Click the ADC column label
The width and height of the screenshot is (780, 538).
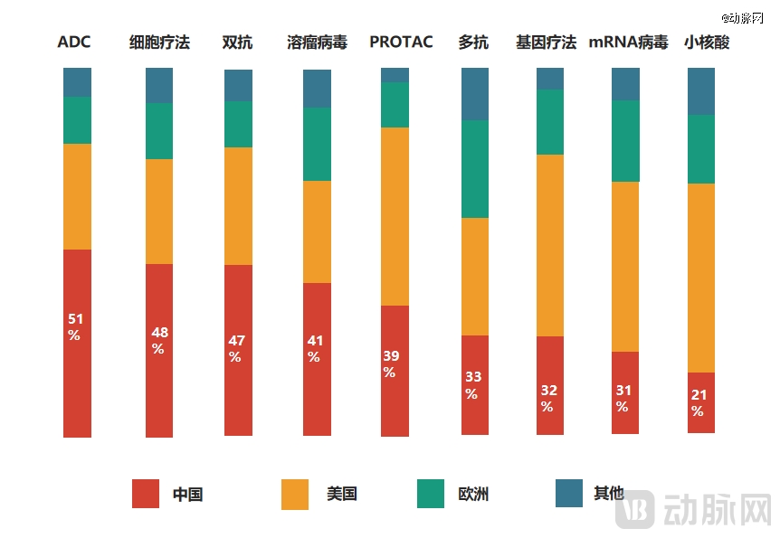click(x=74, y=42)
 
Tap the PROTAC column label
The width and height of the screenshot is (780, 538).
click(x=401, y=42)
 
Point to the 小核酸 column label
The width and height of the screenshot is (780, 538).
click(x=706, y=42)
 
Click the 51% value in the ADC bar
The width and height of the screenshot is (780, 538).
click(x=75, y=326)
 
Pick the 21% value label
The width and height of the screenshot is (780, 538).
click(x=698, y=402)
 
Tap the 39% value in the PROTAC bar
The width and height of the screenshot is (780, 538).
click(x=389, y=363)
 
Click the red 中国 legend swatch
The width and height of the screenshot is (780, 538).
click(x=146, y=494)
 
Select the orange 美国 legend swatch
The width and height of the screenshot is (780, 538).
click(x=295, y=494)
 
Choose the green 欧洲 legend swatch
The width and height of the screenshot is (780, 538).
click(x=431, y=494)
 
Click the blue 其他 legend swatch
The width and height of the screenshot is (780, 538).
click(x=568, y=494)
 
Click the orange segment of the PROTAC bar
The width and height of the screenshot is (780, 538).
click(x=395, y=216)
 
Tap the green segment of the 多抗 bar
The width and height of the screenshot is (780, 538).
click(x=475, y=169)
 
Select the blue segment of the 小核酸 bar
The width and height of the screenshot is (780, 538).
click(x=701, y=90)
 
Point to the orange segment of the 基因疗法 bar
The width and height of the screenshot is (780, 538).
click(x=550, y=245)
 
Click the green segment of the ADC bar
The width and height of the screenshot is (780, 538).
click(x=77, y=120)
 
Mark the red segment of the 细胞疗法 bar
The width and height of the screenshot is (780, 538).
click(x=159, y=351)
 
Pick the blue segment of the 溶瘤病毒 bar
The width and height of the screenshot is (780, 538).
click(x=317, y=89)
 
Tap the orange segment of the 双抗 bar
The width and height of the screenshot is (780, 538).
click(x=238, y=206)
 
